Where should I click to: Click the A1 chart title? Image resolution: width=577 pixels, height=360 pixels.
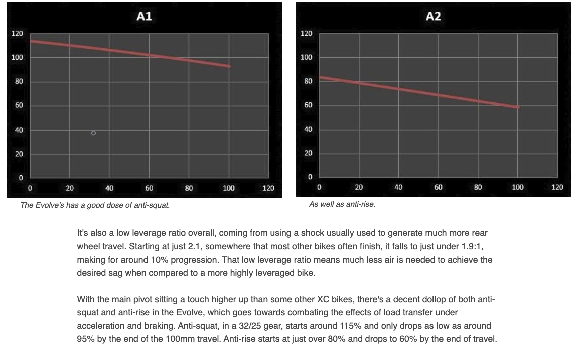point(144,16)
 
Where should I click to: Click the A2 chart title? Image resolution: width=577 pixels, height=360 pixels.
point(433,16)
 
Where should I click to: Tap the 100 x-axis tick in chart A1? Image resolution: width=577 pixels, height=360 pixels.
point(229,188)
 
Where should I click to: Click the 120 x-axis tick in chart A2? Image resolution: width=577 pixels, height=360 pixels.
point(557,187)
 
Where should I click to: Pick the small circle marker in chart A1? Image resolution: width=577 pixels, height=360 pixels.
point(93,133)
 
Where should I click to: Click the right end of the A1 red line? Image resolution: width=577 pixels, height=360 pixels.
point(229,66)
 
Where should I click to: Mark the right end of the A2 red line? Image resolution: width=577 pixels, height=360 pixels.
point(517,107)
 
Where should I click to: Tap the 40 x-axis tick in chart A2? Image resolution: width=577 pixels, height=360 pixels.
point(398,187)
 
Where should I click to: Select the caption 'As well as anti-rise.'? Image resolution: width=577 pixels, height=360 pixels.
point(342,205)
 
